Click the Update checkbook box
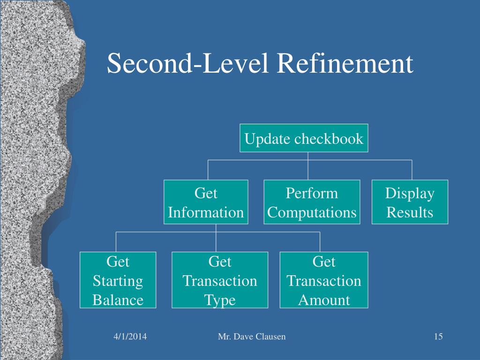click(x=304, y=138)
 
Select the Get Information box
click(x=206, y=202)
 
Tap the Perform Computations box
click(x=312, y=202)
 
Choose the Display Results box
click(x=410, y=202)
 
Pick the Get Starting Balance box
click(x=118, y=280)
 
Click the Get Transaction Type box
click(x=220, y=280)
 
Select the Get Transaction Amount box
click(x=324, y=280)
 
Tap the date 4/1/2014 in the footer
click(x=130, y=337)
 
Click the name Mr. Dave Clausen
click(x=252, y=337)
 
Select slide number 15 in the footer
click(x=438, y=337)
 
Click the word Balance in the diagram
click(x=118, y=300)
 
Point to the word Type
click(x=220, y=300)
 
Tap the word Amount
click(x=324, y=300)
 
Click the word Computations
click(x=312, y=213)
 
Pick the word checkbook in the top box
click(x=329, y=139)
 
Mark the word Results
click(x=410, y=213)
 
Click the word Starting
click(x=118, y=281)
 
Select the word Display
click(x=410, y=193)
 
